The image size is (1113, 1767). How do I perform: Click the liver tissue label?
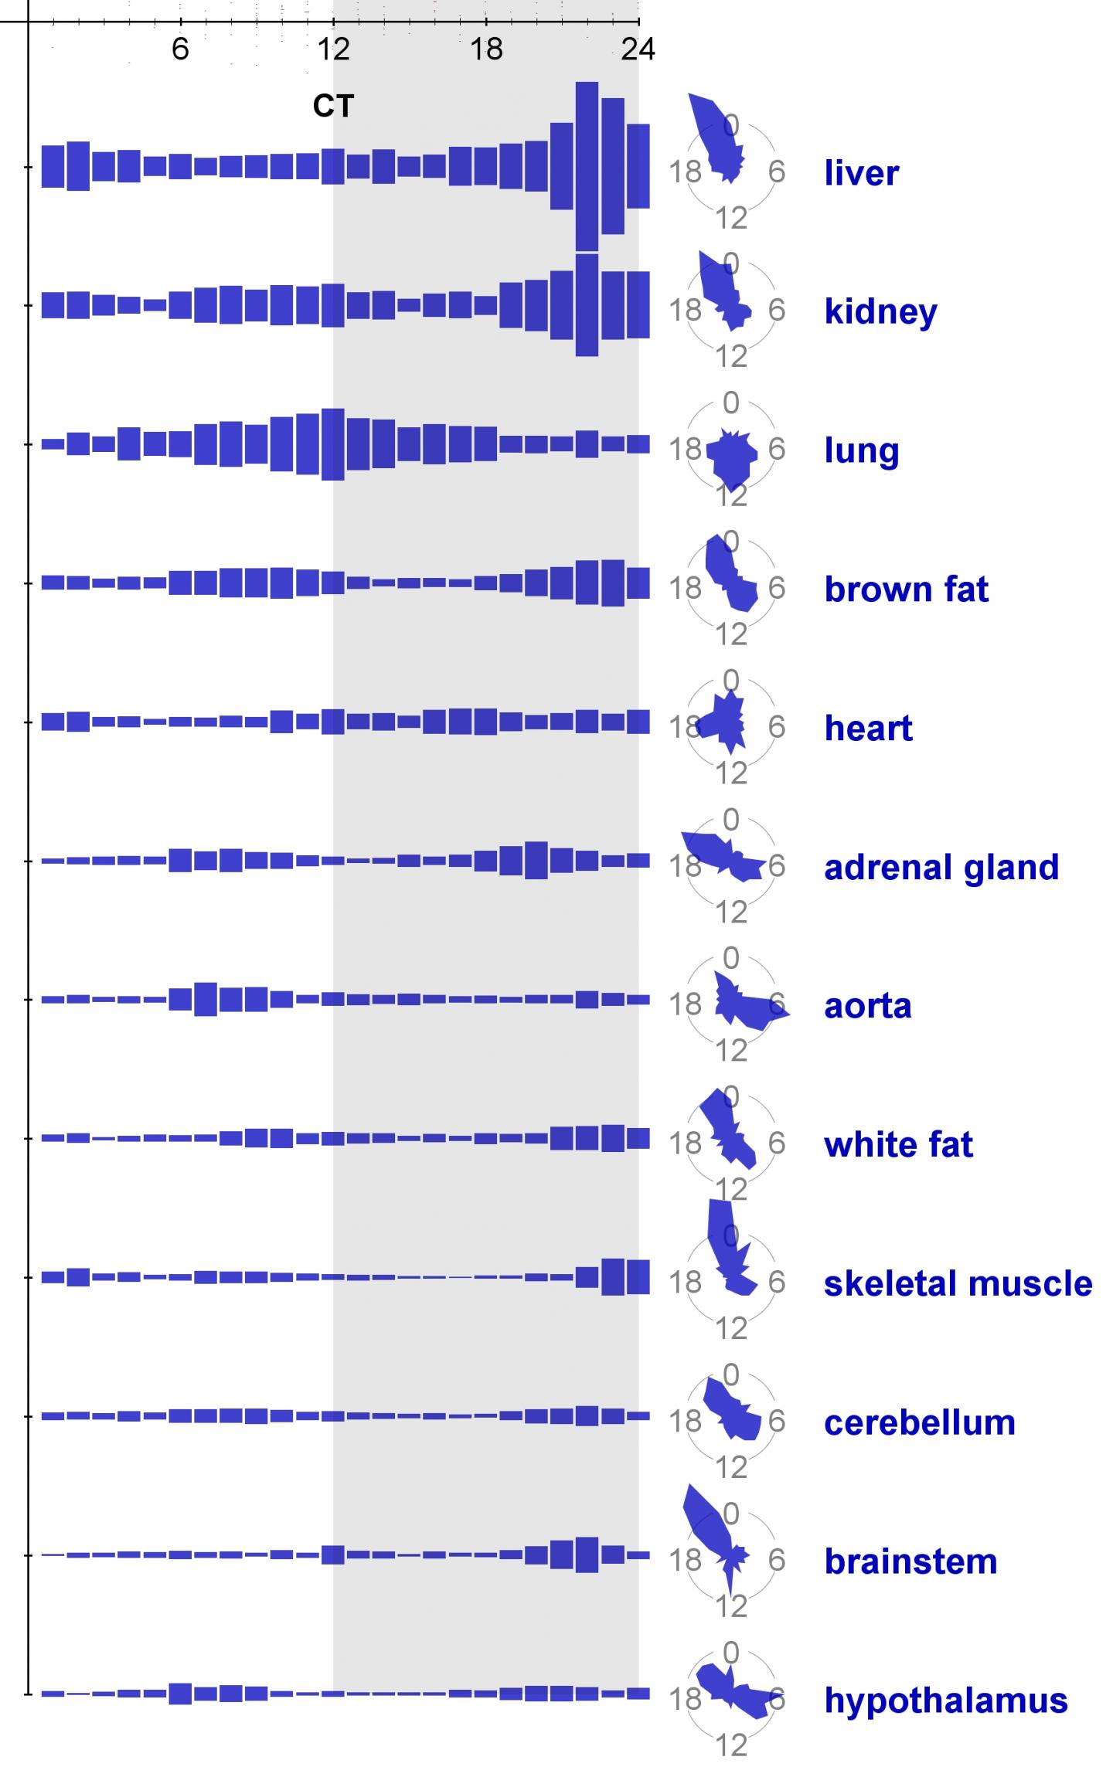(861, 172)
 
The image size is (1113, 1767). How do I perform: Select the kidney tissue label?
(880, 311)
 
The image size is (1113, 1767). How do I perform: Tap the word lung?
(861, 450)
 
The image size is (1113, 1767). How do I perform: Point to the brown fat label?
(906, 589)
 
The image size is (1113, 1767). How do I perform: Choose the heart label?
(868, 728)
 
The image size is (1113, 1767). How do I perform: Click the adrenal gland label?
(941, 867)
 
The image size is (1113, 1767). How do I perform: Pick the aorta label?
(867, 1006)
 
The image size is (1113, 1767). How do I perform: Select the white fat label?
(898, 1144)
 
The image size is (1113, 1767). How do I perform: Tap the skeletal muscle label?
(958, 1283)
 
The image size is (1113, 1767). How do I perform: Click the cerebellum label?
(919, 1422)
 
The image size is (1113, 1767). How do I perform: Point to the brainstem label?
(910, 1561)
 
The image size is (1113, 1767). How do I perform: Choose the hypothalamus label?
(945, 1700)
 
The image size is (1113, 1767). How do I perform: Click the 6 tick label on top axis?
(180, 49)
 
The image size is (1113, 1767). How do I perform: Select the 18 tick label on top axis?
(486, 49)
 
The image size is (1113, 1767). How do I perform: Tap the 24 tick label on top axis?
(638, 49)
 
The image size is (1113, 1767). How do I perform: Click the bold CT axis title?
(333, 106)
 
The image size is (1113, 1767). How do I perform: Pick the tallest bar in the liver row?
(587, 166)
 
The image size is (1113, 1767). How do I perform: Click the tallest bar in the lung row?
(332, 444)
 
